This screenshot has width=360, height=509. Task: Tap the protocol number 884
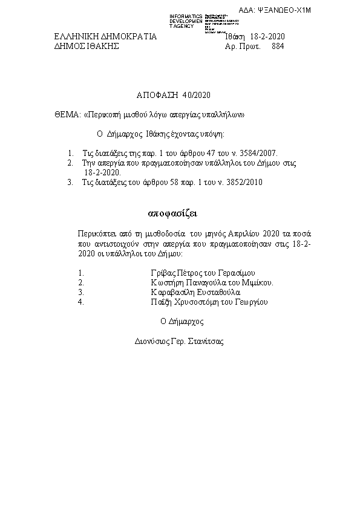click(278, 46)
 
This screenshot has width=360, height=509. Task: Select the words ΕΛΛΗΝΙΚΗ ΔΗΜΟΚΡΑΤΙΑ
click(105, 37)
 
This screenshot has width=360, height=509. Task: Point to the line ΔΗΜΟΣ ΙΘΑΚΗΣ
click(87, 46)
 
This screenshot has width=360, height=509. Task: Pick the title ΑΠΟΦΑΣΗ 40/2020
click(172, 95)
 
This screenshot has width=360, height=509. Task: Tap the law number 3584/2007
click(258, 154)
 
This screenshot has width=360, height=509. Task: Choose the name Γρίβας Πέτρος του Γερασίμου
click(195, 273)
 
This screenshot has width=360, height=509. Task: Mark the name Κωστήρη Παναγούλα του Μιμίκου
click(212, 282)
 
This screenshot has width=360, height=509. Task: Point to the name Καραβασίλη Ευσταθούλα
click(195, 292)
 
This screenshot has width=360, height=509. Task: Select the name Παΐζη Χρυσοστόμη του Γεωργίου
click(209, 302)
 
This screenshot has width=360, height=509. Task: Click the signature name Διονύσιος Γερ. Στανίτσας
click(179, 341)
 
